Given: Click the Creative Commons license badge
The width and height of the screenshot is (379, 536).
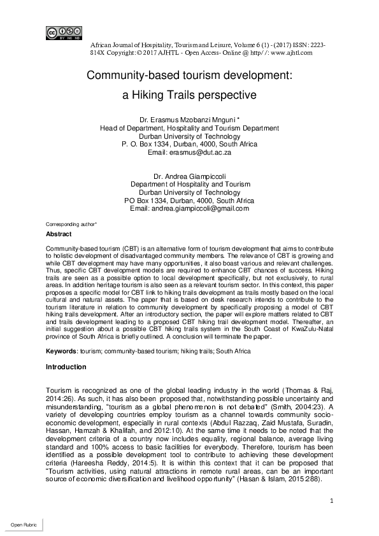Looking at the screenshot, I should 64,33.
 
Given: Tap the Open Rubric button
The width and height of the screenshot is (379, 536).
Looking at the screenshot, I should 22,525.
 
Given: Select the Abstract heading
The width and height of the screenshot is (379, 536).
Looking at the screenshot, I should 59,234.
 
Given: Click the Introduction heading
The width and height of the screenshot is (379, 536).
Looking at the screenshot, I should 66,367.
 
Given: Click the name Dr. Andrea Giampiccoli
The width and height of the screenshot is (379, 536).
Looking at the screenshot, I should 189,175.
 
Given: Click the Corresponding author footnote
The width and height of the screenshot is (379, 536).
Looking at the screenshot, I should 71,225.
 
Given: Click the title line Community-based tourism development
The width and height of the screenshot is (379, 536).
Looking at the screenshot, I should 189,75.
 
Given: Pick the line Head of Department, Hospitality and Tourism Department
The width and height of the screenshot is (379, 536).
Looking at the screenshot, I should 189,128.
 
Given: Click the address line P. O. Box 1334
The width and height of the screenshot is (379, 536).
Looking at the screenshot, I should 189,145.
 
